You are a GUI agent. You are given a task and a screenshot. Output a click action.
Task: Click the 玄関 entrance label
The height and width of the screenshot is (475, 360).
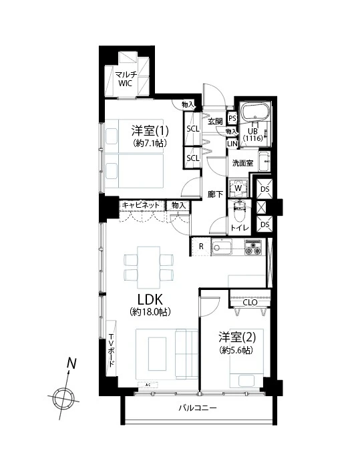tap(215, 121)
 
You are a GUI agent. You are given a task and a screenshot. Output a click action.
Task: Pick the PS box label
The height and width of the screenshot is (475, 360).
tap(232, 118)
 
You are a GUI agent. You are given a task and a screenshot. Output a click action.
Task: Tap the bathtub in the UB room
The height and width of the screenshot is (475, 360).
tap(254, 111)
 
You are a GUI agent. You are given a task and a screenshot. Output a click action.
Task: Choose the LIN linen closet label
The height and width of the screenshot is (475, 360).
tap(232, 144)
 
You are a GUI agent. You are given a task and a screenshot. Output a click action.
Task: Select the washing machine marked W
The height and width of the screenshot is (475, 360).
tap(236, 188)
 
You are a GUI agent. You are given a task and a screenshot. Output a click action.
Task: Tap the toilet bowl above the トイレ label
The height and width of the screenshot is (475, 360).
tap(238, 212)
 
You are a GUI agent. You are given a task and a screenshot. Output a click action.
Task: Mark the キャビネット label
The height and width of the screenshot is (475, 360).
tap(141, 205)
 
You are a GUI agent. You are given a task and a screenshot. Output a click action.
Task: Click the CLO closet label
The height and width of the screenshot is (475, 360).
tap(250, 302)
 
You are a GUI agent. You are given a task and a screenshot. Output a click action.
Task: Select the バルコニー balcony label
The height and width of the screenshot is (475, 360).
tap(197, 408)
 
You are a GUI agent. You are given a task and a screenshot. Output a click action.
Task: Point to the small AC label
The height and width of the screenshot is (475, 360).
tap(147, 385)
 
